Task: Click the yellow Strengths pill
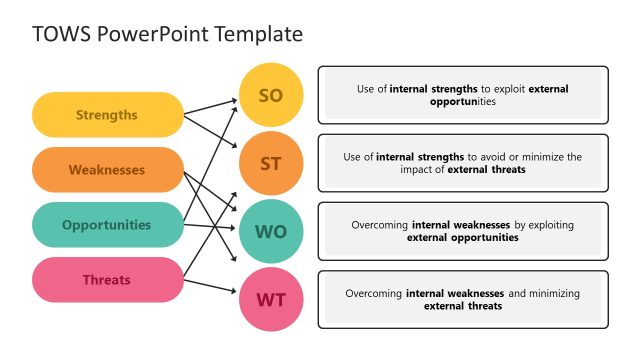[x=107, y=115]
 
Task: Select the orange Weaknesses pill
[x=107, y=170]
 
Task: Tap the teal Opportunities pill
[x=107, y=225]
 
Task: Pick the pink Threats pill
[x=107, y=280]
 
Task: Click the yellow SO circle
[x=271, y=96]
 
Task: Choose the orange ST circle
[x=271, y=163]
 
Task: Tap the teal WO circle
[x=271, y=232]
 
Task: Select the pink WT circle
[x=271, y=299]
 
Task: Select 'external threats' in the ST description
[x=488, y=170]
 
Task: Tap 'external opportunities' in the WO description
[x=462, y=238]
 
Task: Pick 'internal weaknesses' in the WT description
[x=455, y=293]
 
